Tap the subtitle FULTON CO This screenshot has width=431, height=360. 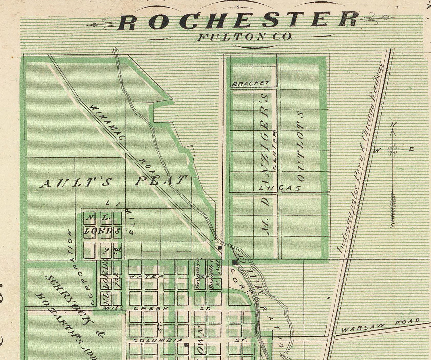point(244,37)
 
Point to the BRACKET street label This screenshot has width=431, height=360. point(251,84)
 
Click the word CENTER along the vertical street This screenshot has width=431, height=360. point(275,150)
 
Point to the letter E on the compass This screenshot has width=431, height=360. point(411,150)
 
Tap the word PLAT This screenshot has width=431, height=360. point(161,180)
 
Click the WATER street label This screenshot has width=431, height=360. point(147,276)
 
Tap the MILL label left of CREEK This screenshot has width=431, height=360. point(113,308)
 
